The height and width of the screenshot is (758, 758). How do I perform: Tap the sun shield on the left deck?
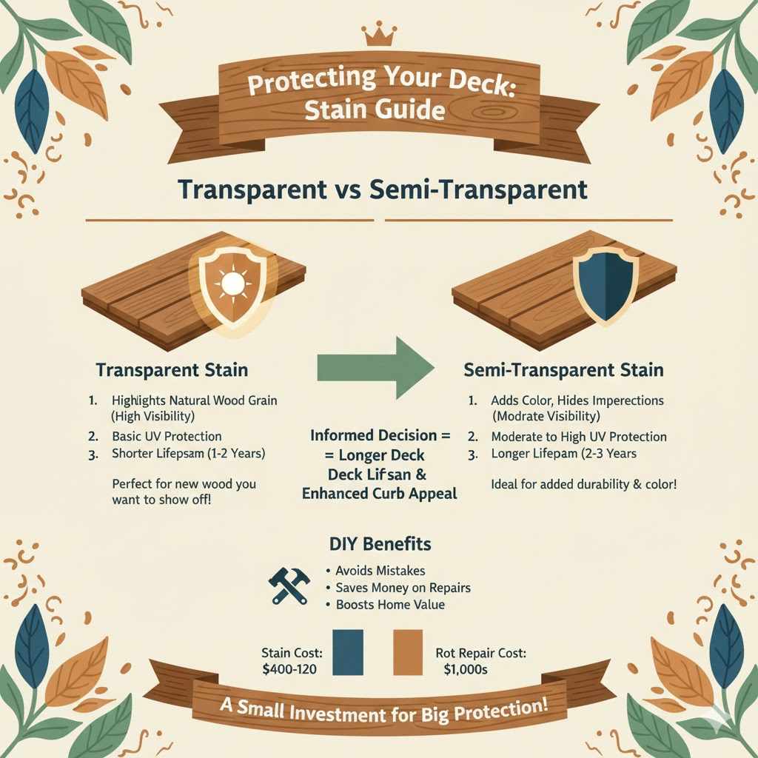(x=232, y=283)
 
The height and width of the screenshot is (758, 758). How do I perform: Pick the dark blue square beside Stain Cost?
(x=348, y=651)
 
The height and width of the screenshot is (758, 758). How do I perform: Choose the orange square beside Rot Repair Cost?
(x=408, y=651)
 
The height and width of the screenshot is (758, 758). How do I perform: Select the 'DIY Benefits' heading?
(x=379, y=544)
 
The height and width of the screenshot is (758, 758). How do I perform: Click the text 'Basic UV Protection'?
(x=167, y=436)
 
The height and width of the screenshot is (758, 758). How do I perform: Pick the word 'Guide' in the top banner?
(x=406, y=110)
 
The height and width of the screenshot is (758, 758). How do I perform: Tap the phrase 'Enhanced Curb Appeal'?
(x=379, y=494)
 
